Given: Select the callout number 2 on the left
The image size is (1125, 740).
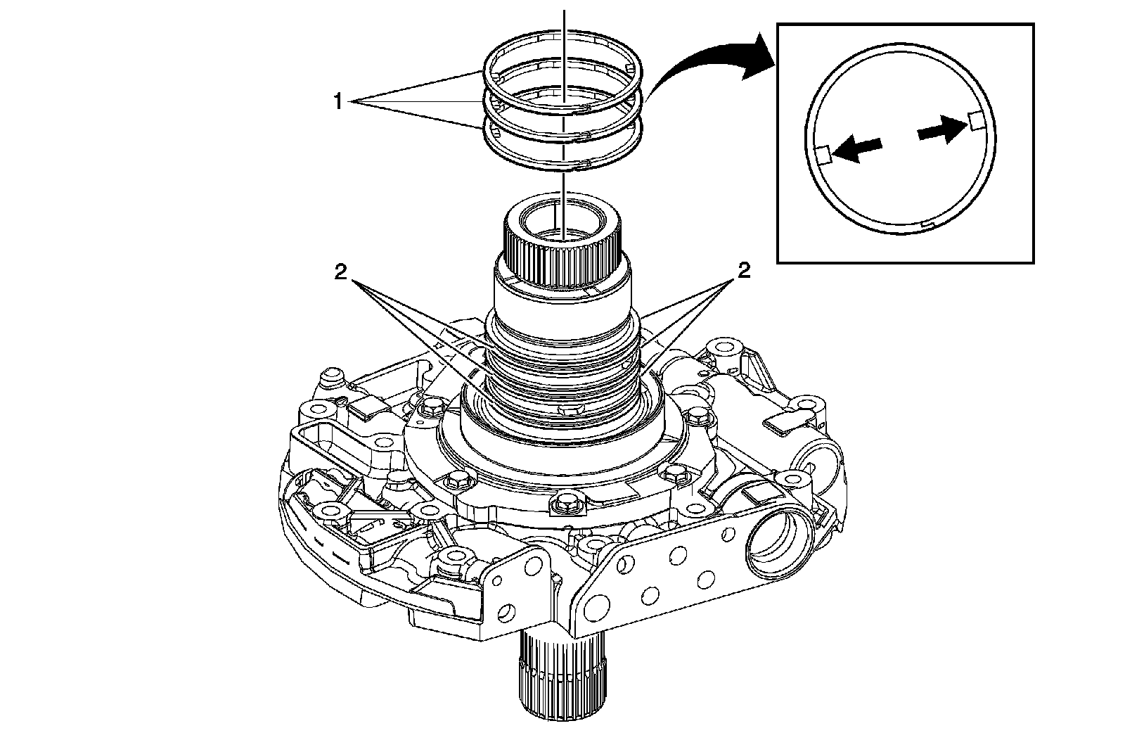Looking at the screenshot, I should click(341, 273).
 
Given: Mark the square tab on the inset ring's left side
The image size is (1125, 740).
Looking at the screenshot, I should click(823, 153).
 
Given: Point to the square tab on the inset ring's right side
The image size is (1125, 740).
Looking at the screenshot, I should click(975, 120).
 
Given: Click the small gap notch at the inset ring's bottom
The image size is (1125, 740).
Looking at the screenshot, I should click(930, 224).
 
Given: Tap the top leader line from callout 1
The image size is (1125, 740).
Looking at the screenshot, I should click(415, 87).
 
